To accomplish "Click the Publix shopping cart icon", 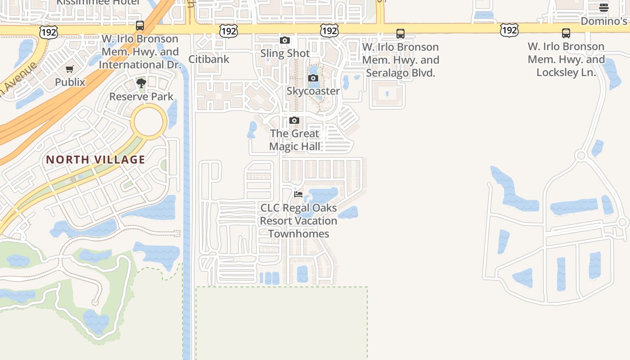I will [x=69, y=69].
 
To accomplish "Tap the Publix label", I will [x=70, y=82].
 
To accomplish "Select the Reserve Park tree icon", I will [x=141, y=83].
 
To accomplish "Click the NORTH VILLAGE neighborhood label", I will [x=95, y=159].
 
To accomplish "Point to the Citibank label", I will [x=209, y=59].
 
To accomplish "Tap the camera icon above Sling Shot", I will [x=285, y=40].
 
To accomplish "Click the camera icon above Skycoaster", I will [x=313, y=78].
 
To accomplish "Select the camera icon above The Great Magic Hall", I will [x=294, y=121].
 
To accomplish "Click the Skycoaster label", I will [x=313, y=91].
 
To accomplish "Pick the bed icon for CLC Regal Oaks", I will [x=298, y=194].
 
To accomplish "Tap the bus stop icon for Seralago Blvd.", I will [x=400, y=33].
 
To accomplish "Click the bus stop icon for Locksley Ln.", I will [x=566, y=33].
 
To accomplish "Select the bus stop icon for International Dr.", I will [x=140, y=25].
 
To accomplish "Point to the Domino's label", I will [x=604, y=21].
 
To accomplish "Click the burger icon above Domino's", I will [x=604, y=8].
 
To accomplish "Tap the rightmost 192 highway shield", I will [x=509, y=30].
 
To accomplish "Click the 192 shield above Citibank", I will [x=229, y=31].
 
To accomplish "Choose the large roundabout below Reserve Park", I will [x=149, y=122].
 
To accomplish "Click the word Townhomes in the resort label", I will [x=299, y=234].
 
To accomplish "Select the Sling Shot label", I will [x=285, y=53].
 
